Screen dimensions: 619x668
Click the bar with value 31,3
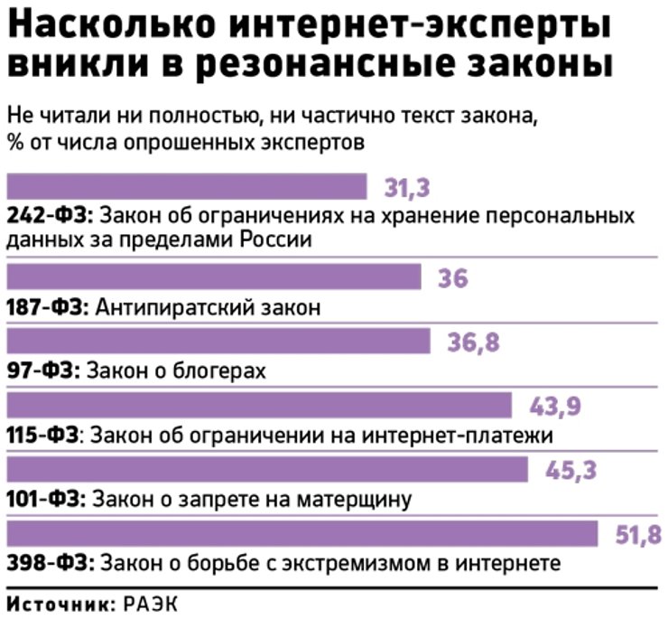tap(187, 186)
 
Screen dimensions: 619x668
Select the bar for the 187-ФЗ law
tap(214, 277)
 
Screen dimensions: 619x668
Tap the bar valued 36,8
tap(218, 342)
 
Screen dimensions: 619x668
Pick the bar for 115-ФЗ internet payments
tap(259, 406)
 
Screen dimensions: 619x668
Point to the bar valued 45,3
tap(267, 470)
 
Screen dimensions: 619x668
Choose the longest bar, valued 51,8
tap(302, 534)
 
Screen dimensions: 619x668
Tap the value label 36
tap(452, 278)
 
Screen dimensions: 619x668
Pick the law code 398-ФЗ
tap(48, 564)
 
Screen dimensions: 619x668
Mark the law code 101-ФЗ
tap(46, 500)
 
